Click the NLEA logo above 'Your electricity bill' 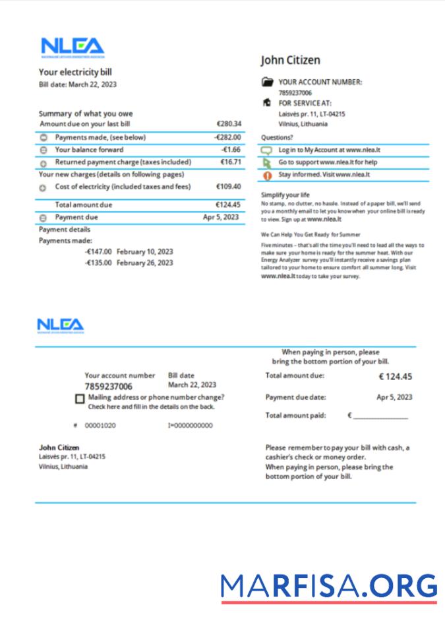(72, 47)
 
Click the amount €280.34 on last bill (229, 123)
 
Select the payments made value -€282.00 (227, 137)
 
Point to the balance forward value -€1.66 (231, 150)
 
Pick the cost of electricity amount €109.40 (229, 187)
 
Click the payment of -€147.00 (98, 251)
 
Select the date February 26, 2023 (144, 263)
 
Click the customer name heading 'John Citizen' (290, 60)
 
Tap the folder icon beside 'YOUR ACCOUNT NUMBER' (267, 82)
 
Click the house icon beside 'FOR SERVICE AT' (267, 103)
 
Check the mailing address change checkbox (80, 399)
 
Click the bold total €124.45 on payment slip (395, 377)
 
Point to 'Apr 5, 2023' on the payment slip (394, 397)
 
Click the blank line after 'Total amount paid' (380, 417)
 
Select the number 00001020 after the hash (100, 426)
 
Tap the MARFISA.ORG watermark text (329, 586)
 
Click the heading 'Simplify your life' (285, 195)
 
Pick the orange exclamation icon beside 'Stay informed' (267, 176)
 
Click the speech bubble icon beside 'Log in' (267, 150)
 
